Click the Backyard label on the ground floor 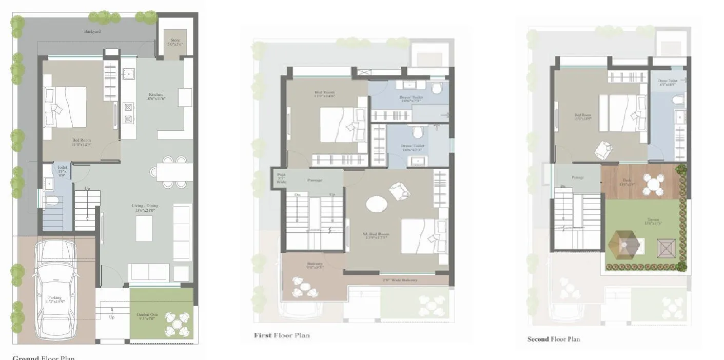click(x=92, y=32)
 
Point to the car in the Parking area click(x=55, y=287)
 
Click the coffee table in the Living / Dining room click(x=144, y=229)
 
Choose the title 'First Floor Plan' click(x=282, y=335)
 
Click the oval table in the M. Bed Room click(x=377, y=204)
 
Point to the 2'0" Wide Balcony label click(x=400, y=280)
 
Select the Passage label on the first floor click(x=315, y=181)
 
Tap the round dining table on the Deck click(x=654, y=183)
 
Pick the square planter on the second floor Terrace click(x=666, y=250)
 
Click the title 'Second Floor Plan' click(x=554, y=339)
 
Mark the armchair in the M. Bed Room click(x=400, y=192)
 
